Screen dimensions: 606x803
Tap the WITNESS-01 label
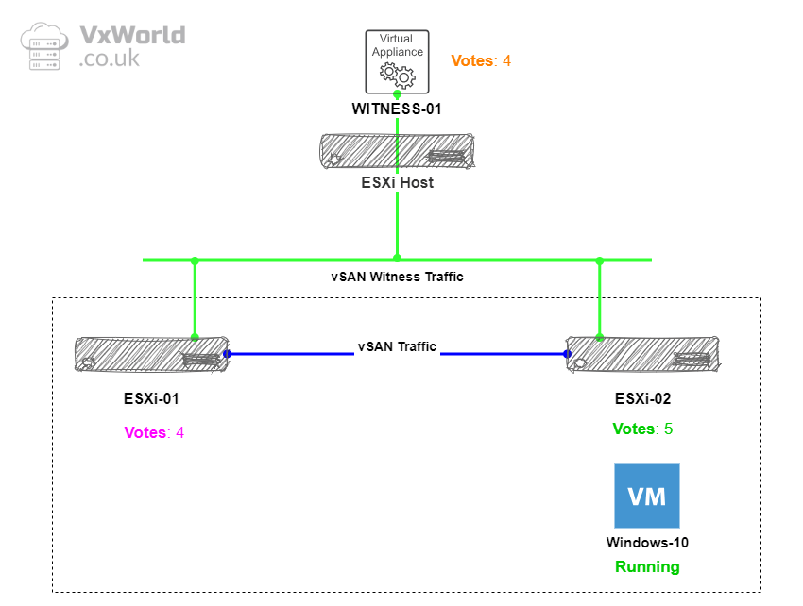[397, 109]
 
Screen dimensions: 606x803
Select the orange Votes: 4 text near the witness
[481, 60]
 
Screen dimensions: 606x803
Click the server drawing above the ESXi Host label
[397, 150]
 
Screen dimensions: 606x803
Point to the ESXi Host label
[397, 182]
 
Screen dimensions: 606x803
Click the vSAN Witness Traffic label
[397, 278]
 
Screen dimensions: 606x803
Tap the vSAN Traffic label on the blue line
[397, 346]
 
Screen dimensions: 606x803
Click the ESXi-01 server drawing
[151, 354]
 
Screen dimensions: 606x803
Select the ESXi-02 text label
[643, 398]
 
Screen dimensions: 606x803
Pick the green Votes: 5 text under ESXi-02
[642, 429]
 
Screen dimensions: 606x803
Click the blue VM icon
[646, 496]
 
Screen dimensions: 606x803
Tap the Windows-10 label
[647, 543]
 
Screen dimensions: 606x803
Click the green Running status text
[647, 567]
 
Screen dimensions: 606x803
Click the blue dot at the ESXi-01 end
[228, 354]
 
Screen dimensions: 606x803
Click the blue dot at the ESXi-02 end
[567, 354]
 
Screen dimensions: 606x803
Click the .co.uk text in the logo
[110, 59]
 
